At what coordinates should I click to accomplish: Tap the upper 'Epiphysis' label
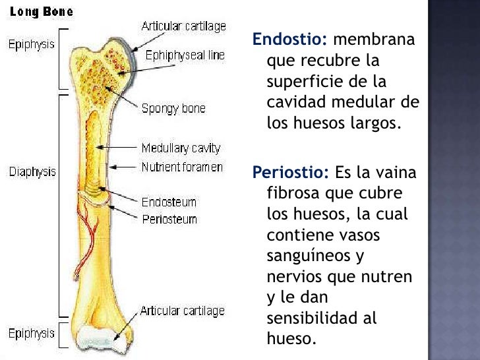click(32, 45)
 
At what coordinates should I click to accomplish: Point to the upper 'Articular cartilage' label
click(184, 26)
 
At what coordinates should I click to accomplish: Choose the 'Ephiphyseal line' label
click(185, 56)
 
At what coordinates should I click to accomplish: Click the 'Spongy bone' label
click(173, 109)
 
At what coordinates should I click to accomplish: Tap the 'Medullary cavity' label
click(181, 148)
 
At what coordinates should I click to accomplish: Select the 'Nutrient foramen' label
click(182, 167)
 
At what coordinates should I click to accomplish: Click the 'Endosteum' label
click(169, 202)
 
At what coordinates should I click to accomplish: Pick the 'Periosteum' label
click(169, 219)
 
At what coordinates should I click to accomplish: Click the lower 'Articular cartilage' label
click(182, 311)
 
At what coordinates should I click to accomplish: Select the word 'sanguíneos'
click(305, 255)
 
